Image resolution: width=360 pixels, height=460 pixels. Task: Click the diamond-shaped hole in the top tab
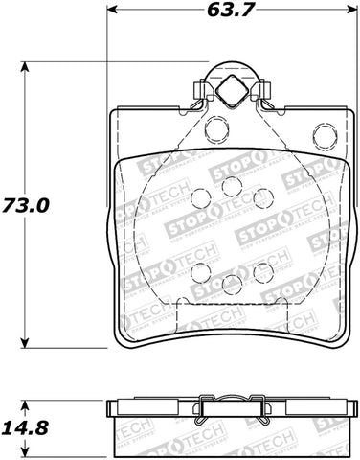pos(230,92)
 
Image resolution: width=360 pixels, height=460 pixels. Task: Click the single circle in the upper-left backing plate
pos(216,126)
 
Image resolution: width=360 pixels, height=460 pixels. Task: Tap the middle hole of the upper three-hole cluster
pos(231,189)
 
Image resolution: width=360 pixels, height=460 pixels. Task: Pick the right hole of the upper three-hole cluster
pos(260,198)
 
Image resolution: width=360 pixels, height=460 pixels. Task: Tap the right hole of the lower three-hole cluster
pos(260,272)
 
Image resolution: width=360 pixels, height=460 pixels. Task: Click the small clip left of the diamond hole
pos(201,93)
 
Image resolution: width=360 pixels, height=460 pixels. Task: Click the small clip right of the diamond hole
pos(259,93)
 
